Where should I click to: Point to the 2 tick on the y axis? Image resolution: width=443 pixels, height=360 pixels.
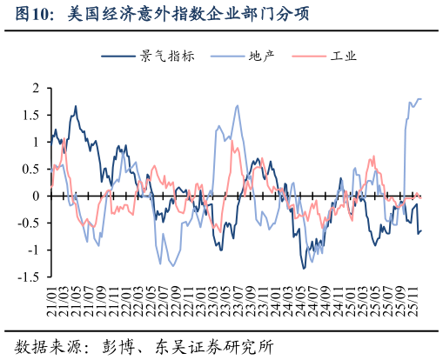point(36,88)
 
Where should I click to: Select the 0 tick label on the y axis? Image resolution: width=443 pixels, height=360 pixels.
point(36,196)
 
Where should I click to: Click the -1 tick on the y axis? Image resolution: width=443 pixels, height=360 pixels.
point(33,250)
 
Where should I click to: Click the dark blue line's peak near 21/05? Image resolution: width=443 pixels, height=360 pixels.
point(76,106)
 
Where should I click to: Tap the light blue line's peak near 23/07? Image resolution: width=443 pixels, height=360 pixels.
point(237,105)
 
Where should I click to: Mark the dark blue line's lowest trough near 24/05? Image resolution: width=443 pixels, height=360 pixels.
point(304,268)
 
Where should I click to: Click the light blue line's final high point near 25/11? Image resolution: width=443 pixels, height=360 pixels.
point(419,99)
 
